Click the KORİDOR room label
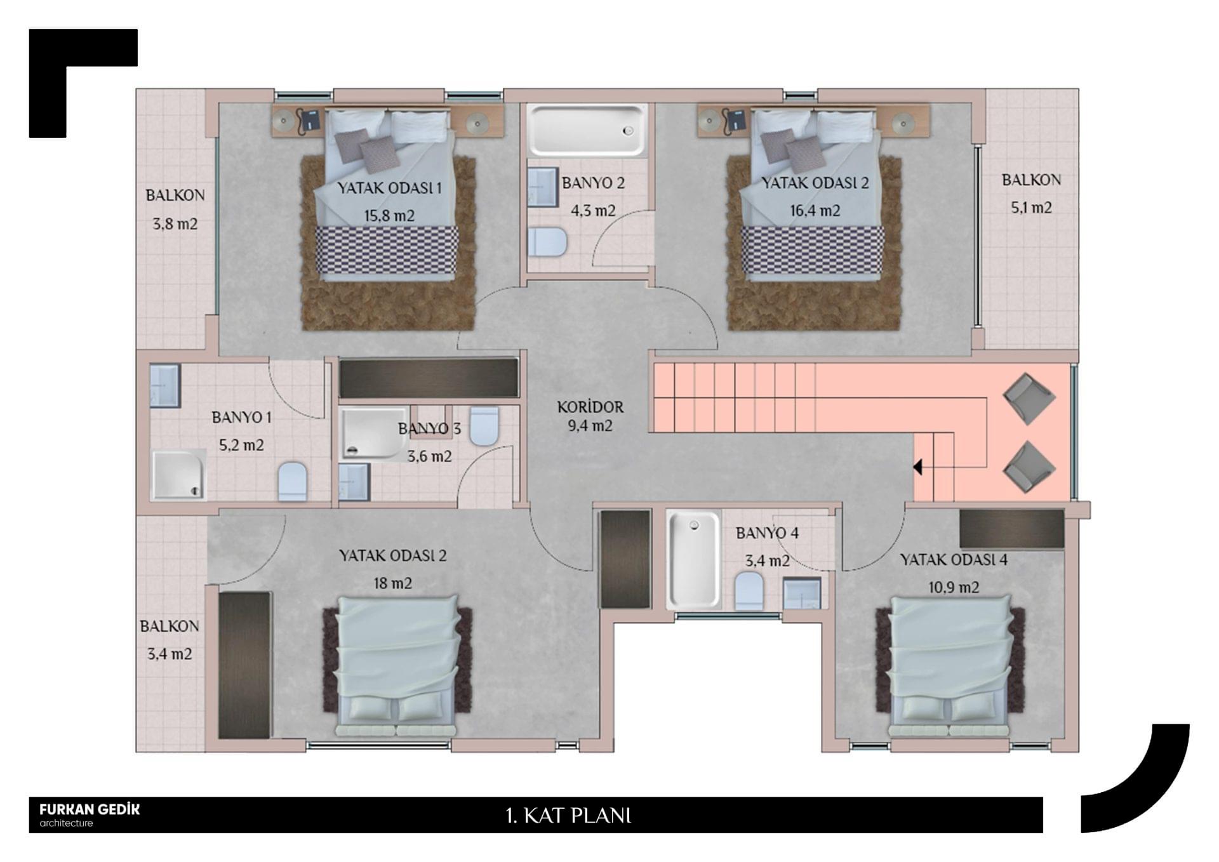point(590,407)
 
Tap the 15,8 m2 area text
point(389,216)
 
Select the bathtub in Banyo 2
point(587,130)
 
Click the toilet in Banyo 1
point(293,481)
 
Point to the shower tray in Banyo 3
point(373,433)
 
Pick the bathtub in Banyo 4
point(693,559)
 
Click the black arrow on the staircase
point(917,467)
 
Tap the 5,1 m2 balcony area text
point(1031,208)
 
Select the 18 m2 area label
point(393,583)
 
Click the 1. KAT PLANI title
point(568,816)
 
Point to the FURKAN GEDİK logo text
point(90,809)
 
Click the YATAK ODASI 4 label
point(954,560)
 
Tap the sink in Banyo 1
point(165,385)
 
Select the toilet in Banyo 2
point(547,242)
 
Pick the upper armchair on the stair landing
point(1029,399)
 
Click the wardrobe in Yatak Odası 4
point(1011,528)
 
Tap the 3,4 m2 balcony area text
point(170,654)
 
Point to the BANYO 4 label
point(767,533)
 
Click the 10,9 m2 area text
point(954,588)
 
